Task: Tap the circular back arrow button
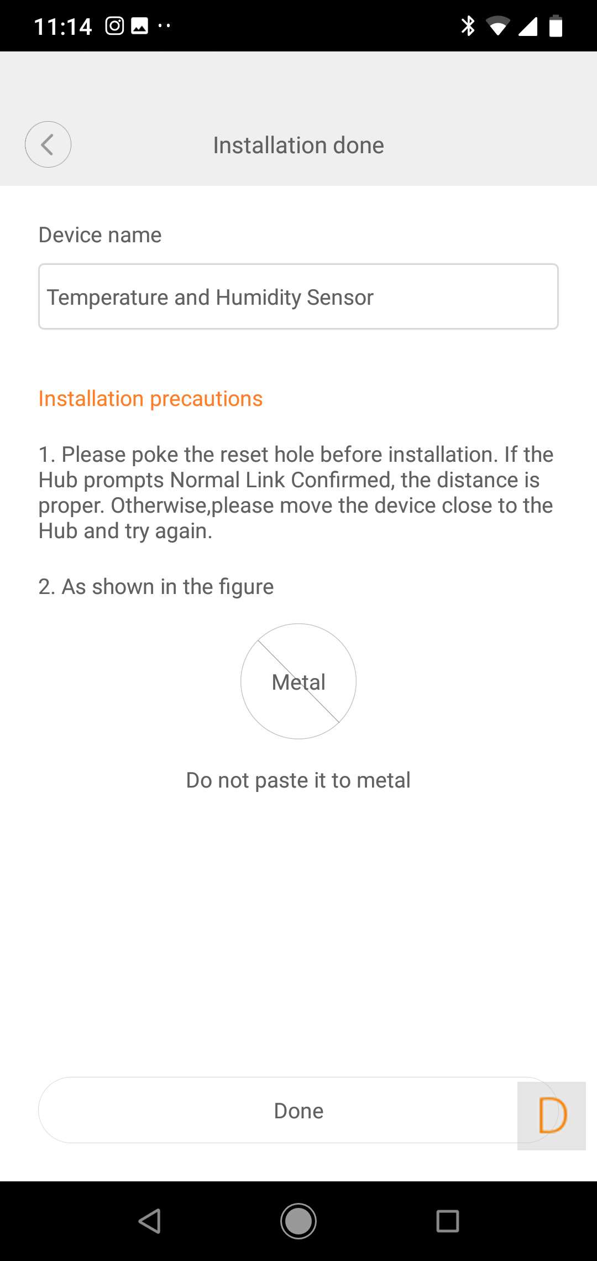click(x=48, y=144)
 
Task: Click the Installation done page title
click(x=298, y=145)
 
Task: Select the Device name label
click(x=100, y=235)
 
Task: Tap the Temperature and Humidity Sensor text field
click(x=298, y=296)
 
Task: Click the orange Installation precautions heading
click(x=150, y=399)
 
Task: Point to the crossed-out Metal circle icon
click(x=298, y=681)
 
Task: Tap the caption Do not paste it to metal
click(x=298, y=780)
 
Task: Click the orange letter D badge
click(x=552, y=1116)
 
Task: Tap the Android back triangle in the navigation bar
click(x=150, y=1221)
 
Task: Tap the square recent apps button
click(x=448, y=1221)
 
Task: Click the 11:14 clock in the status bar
click(x=63, y=27)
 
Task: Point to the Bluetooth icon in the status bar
click(x=468, y=26)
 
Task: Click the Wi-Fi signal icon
click(x=498, y=26)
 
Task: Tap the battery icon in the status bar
click(x=556, y=26)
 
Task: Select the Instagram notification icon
click(x=114, y=26)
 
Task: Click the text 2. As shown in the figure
click(x=156, y=587)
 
